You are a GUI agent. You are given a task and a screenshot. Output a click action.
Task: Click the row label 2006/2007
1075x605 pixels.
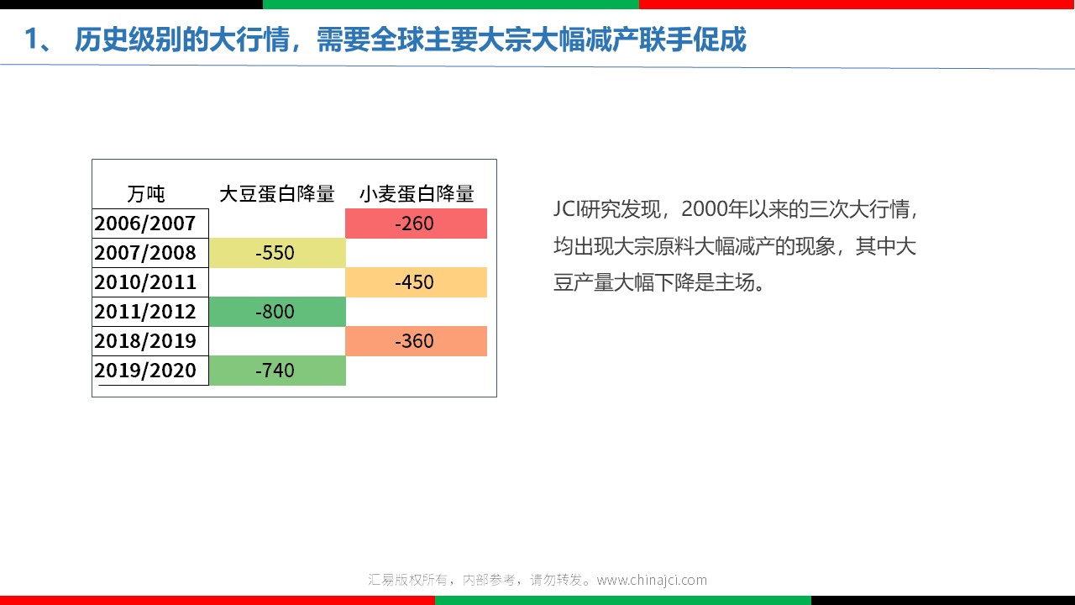pos(145,224)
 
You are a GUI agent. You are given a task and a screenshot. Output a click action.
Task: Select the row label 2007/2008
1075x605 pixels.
pos(145,253)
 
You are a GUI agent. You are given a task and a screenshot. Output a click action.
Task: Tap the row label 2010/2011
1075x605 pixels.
pos(145,281)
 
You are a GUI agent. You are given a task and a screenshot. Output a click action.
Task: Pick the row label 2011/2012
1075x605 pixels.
pos(145,312)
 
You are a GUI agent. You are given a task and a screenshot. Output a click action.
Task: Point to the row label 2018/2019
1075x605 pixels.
pos(145,341)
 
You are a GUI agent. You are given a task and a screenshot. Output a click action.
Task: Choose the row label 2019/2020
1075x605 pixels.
pos(145,371)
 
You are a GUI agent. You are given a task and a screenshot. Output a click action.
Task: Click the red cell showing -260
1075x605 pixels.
pos(416,224)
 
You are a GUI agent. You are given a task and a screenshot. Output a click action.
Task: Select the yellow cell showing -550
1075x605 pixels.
pos(277,253)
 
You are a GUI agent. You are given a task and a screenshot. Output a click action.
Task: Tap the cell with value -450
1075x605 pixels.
pos(416,281)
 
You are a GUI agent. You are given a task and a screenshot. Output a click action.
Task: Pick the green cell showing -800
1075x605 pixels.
pos(277,312)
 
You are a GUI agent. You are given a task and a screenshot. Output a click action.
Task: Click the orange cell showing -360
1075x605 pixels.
pos(416,341)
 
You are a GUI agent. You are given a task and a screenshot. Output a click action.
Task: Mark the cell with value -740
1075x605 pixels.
pos(277,371)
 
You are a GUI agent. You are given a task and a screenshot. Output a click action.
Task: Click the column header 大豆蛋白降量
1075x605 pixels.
pos(277,194)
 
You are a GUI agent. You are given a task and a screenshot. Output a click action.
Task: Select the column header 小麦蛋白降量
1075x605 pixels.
pos(417,194)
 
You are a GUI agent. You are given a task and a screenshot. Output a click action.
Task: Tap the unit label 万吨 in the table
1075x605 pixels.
pos(146,194)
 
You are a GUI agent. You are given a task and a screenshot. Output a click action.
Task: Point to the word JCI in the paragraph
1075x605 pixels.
pos(567,209)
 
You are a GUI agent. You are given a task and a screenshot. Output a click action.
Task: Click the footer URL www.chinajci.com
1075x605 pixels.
pos(652,580)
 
